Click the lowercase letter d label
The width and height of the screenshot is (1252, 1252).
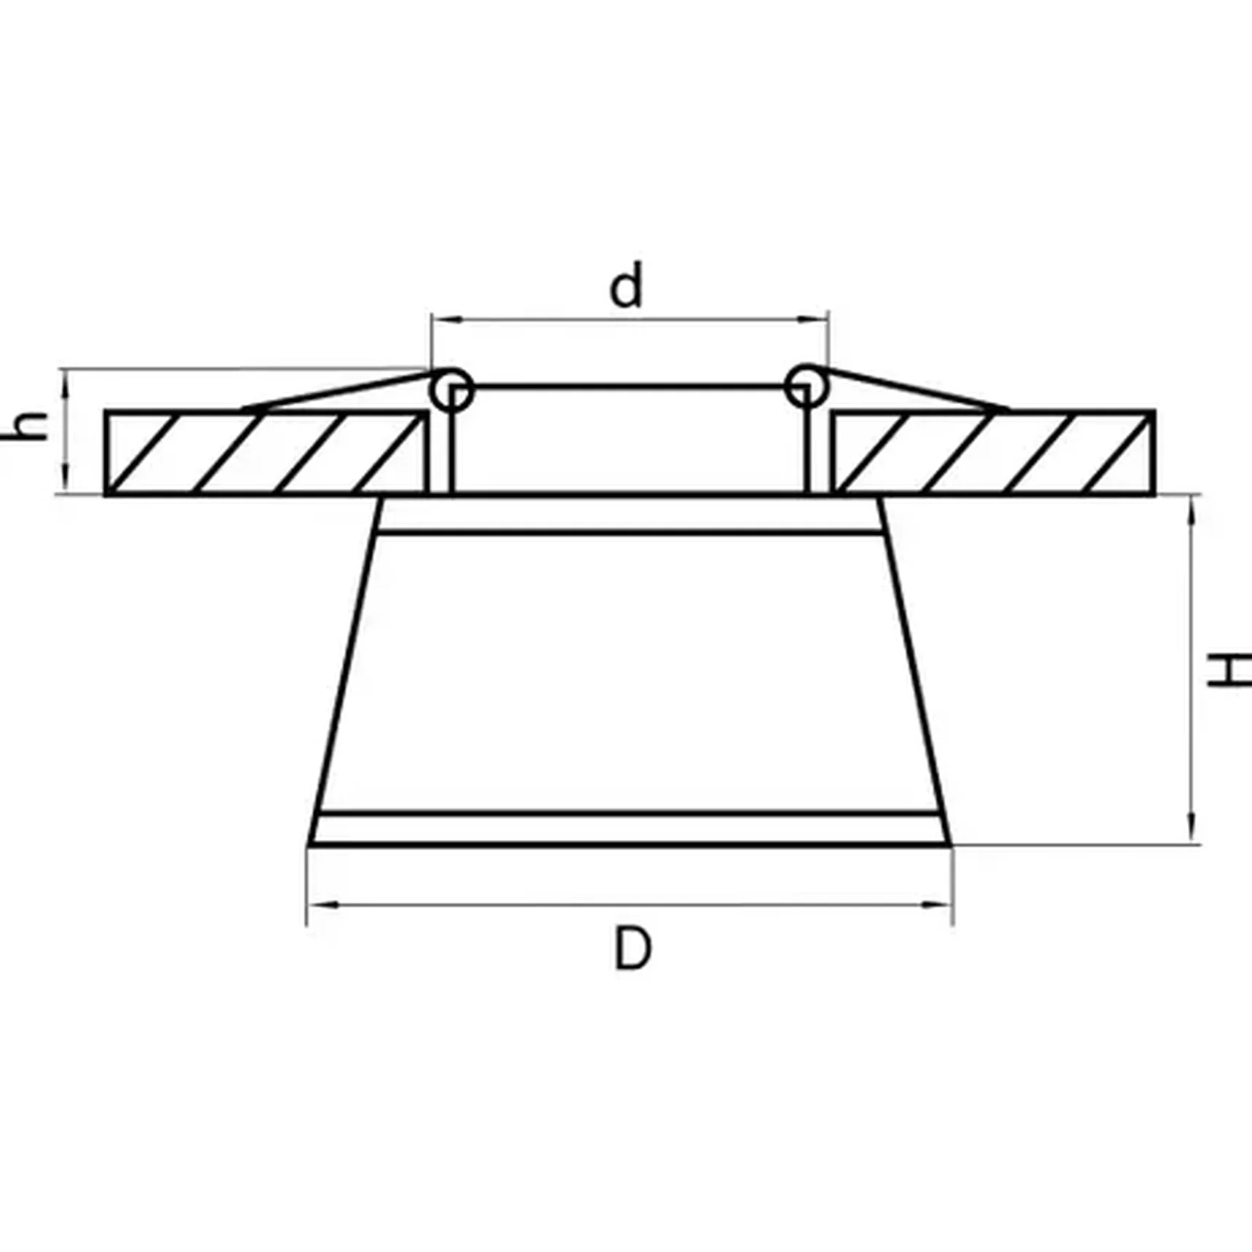tap(626, 287)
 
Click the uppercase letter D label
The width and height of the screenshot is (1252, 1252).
tap(632, 948)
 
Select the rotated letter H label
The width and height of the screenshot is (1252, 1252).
tap(1229, 670)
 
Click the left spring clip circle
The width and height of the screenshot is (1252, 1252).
tap(451, 389)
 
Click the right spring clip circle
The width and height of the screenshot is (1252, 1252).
tap(805, 386)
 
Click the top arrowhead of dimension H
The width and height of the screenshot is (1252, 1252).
tap(1192, 509)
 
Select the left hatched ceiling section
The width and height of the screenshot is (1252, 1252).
tap(266, 453)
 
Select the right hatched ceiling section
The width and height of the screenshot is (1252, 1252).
tap(994, 453)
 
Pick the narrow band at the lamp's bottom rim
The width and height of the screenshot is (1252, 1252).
tap(630, 828)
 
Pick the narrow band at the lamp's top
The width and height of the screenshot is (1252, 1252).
tap(630, 515)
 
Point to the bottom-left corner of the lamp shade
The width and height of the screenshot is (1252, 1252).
tap(311, 844)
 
